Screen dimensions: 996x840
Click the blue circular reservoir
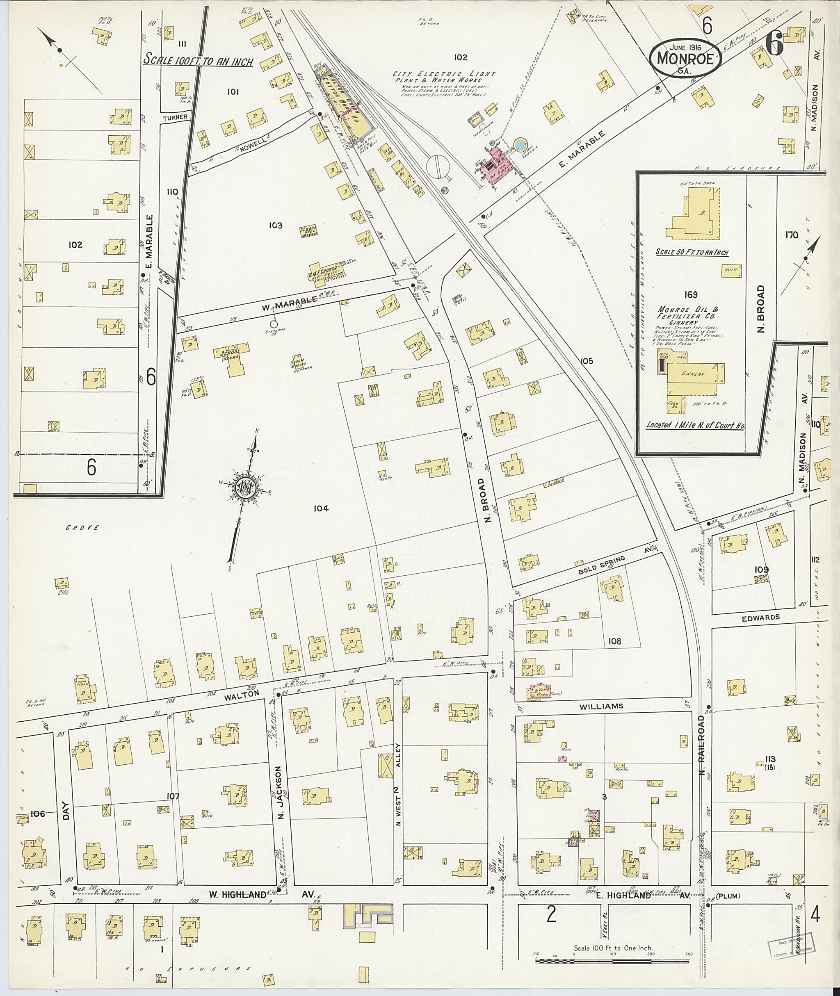coord(520,144)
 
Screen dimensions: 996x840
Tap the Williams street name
coord(601,706)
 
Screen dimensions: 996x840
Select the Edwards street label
coord(760,617)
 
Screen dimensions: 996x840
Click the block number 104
coord(321,508)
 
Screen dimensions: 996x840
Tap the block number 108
coord(615,641)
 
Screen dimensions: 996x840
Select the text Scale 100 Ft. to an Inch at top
coord(198,61)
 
